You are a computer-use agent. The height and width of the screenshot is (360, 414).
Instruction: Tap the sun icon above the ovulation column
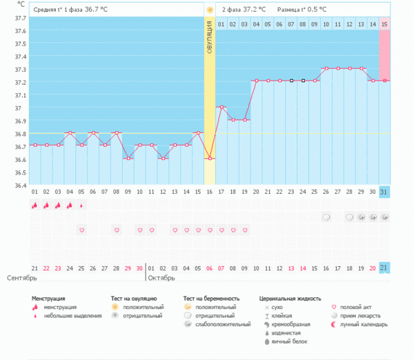[209, 10]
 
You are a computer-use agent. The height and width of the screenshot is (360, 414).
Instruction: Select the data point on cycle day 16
[209, 159]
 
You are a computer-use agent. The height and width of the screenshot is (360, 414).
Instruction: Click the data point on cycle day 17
[221, 107]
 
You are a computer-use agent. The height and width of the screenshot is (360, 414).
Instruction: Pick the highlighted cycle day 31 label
[384, 191]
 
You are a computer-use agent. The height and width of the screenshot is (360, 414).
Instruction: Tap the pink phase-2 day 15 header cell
[384, 24]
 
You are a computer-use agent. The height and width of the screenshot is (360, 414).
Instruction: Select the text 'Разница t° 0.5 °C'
[302, 10]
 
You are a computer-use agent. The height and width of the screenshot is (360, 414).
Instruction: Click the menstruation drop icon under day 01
[34, 205]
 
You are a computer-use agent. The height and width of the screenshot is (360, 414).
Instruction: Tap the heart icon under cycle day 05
[81, 230]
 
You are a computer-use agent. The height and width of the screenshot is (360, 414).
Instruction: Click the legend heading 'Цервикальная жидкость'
[290, 299]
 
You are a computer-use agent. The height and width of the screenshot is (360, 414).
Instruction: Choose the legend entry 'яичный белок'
[288, 341]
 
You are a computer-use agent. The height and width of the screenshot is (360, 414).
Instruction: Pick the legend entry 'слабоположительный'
[222, 323]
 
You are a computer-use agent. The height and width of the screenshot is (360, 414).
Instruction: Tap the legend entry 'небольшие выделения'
[69, 315]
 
